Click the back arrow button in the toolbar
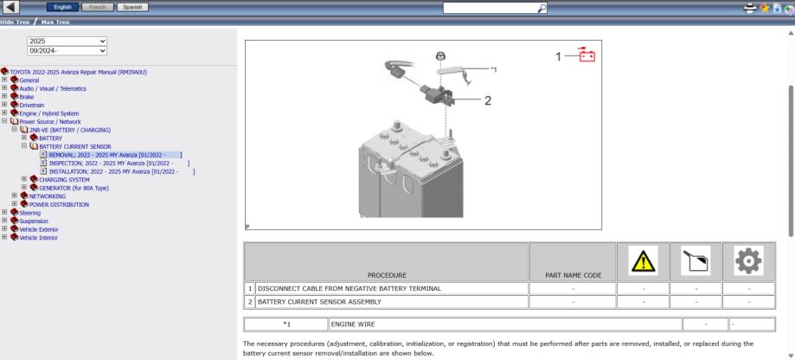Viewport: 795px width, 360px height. [10, 7]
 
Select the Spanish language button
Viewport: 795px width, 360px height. [132, 7]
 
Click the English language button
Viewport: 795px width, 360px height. [62, 7]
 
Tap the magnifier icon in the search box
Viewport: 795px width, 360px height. [542, 8]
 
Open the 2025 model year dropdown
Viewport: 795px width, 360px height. [67, 41]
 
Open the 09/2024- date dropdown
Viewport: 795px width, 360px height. [67, 51]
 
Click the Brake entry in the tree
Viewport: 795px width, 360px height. [26, 97]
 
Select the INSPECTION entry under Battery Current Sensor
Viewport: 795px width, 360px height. [119, 164]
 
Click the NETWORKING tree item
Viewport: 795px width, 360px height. [48, 196]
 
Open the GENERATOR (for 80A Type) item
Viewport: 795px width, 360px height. [74, 188]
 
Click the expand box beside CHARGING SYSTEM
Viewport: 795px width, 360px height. [24, 179]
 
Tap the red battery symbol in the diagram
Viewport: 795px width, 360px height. [587, 55]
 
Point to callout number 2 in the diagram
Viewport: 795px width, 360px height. [488, 100]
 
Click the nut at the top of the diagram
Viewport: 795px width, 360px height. [441, 55]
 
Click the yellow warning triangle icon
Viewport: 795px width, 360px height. [644, 260]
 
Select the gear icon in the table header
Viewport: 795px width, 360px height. [749, 260]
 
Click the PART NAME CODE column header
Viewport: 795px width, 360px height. [573, 275]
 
